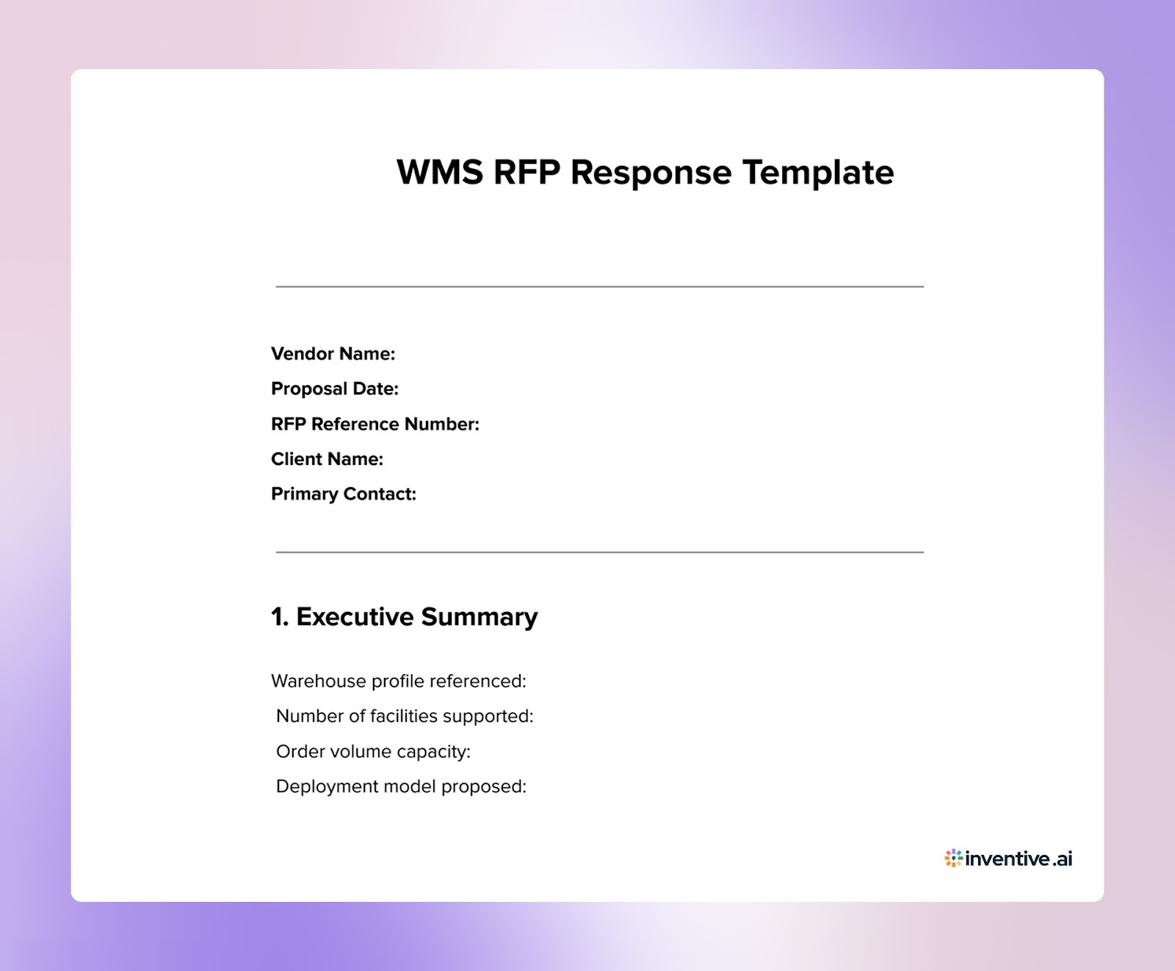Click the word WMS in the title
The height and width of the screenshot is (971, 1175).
(x=439, y=173)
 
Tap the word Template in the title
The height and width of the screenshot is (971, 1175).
(x=818, y=173)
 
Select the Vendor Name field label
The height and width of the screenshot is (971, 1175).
(x=333, y=354)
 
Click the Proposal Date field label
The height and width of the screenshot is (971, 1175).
(x=334, y=389)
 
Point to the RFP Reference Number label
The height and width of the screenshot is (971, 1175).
(x=375, y=424)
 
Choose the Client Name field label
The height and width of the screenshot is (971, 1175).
(x=327, y=459)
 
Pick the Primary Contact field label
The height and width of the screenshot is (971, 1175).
(x=343, y=494)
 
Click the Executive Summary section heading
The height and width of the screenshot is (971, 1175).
(x=416, y=617)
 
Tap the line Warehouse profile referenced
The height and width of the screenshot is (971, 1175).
(x=398, y=681)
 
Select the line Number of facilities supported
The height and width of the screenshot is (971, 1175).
(x=405, y=716)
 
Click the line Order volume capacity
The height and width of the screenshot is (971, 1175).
(x=373, y=751)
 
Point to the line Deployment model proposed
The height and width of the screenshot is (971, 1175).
(x=401, y=787)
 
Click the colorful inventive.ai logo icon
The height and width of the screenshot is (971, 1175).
(x=953, y=858)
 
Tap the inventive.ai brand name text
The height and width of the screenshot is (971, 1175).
(x=1019, y=859)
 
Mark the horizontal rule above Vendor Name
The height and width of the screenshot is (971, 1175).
(x=599, y=286)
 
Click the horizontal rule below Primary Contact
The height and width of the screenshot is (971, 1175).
(x=599, y=552)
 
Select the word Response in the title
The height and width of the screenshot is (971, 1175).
(x=651, y=173)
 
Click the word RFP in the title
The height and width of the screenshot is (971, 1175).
(x=526, y=173)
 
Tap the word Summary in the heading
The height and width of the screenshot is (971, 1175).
(x=479, y=617)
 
